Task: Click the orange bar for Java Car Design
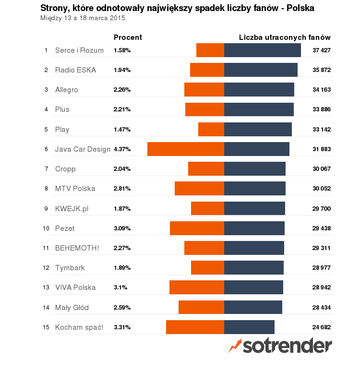click(x=186, y=149)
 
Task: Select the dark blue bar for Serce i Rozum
click(x=263, y=50)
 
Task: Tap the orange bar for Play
click(x=211, y=129)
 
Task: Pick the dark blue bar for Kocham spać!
click(x=249, y=327)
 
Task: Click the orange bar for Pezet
click(x=197, y=228)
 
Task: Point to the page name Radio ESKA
click(x=75, y=70)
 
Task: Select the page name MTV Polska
click(x=75, y=189)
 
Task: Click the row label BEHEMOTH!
click(x=77, y=248)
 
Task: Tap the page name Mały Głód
click(x=72, y=308)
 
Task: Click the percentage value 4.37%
click(x=122, y=149)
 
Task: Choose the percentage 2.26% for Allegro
click(x=122, y=90)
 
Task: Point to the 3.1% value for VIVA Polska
click(x=120, y=288)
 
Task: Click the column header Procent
click(x=128, y=37)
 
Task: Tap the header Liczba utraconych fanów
click(x=285, y=37)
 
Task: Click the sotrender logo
click(x=280, y=345)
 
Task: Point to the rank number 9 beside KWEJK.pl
click(x=46, y=209)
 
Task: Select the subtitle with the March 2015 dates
click(x=83, y=18)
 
